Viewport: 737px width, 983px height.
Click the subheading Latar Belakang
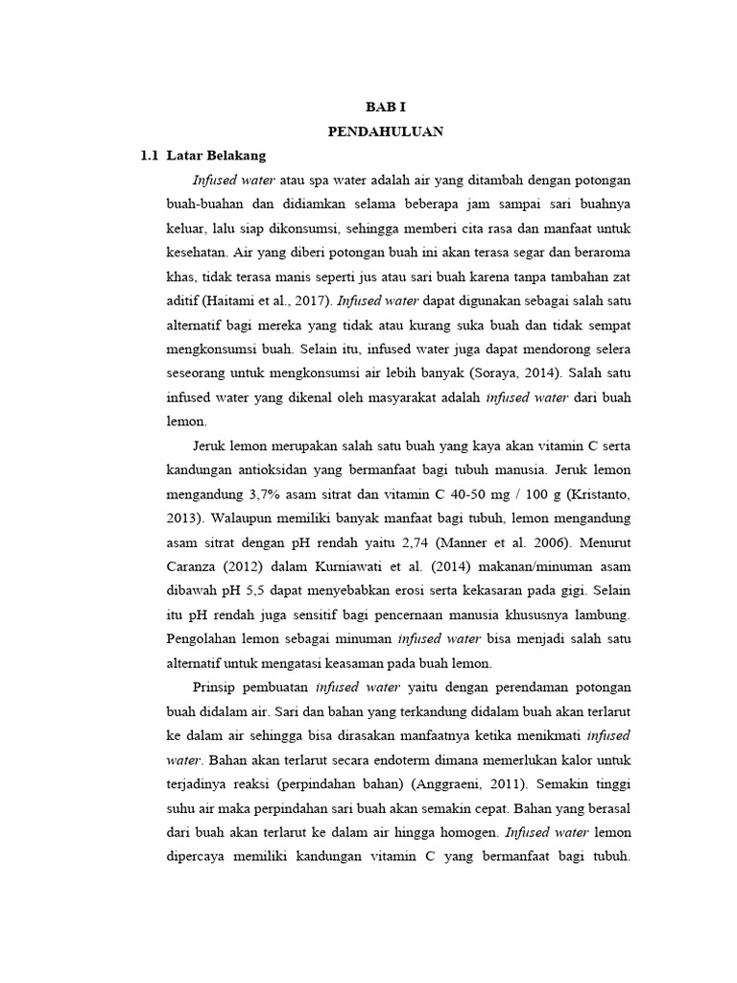click(216, 155)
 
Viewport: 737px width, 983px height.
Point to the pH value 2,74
click(388, 541)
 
